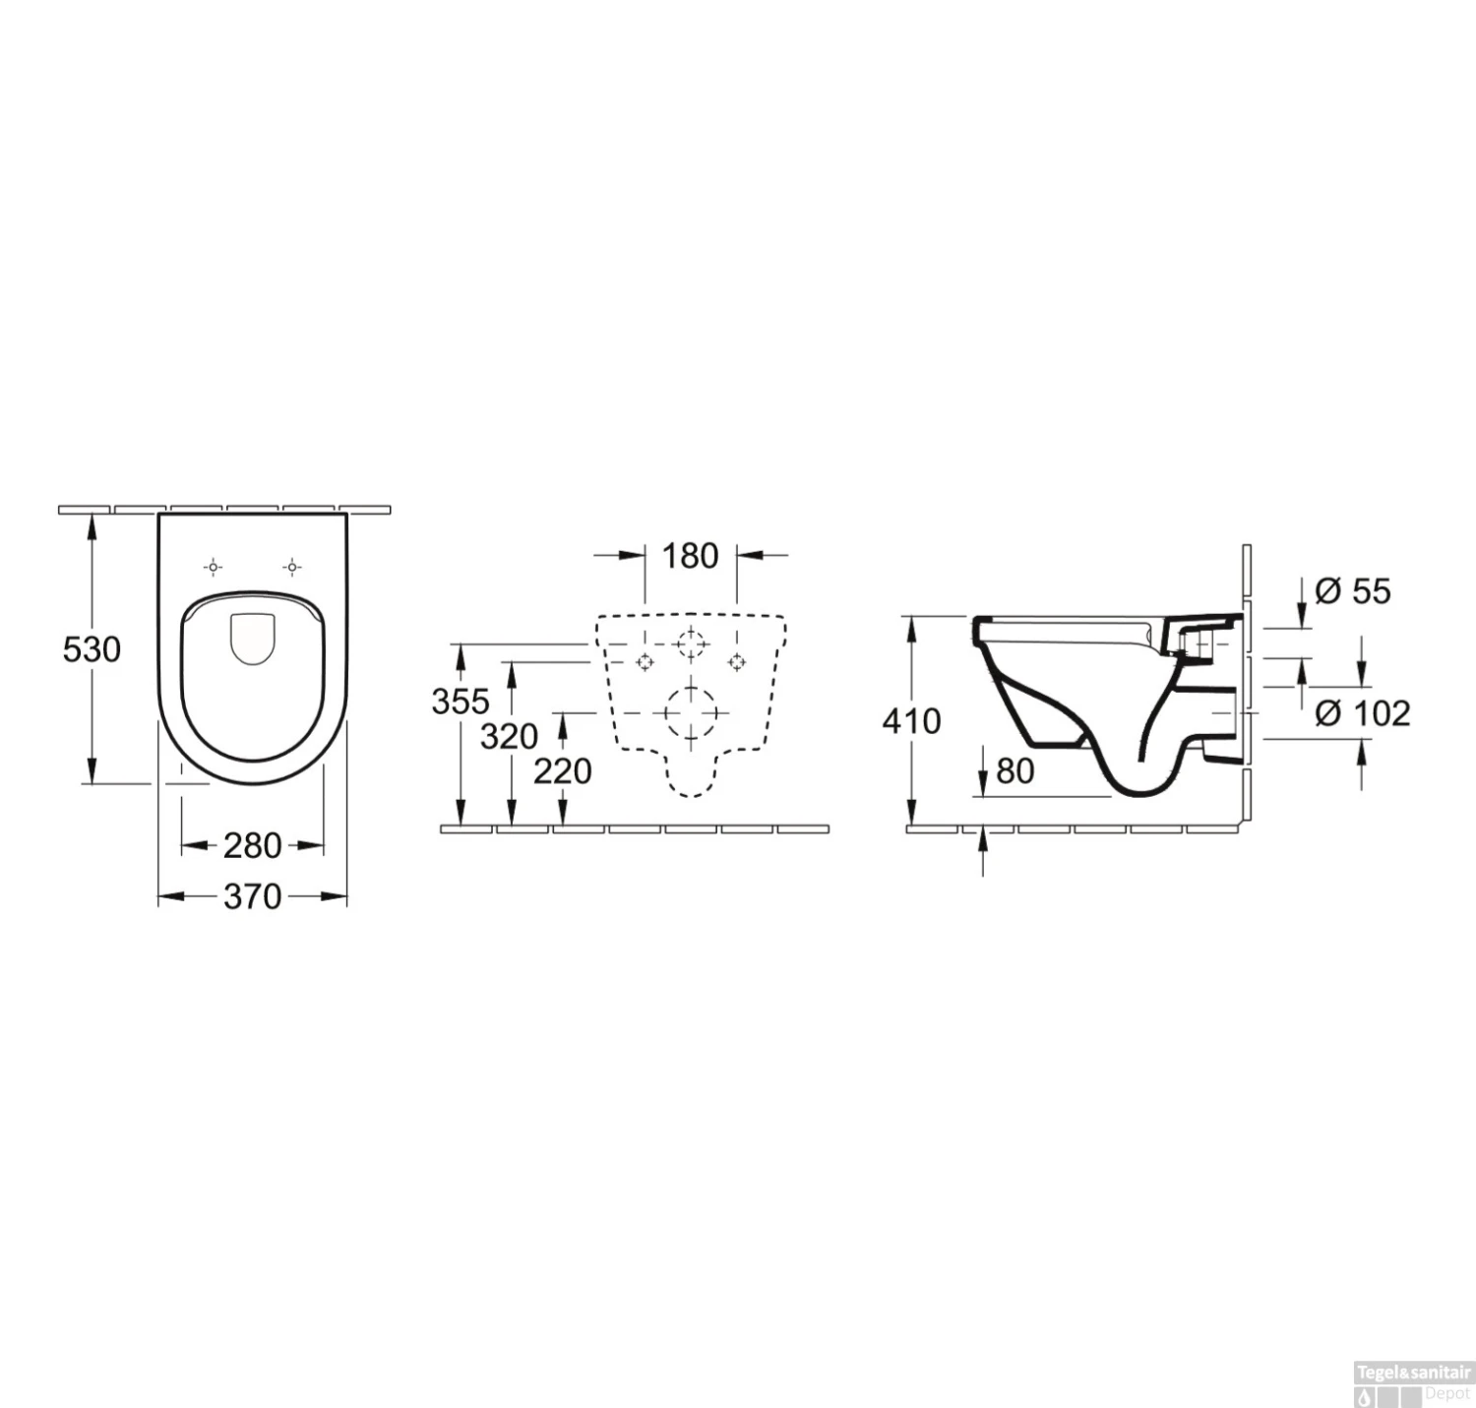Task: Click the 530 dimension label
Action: click(92, 649)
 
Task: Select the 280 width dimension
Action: click(252, 845)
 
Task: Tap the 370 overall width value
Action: click(252, 896)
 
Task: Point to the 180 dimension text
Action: click(690, 556)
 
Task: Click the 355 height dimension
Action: click(460, 702)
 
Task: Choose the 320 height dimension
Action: click(509, 736)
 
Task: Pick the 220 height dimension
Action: click(563, 771)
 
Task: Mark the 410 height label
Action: click(911, 721)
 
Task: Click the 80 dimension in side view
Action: click(1015, 771)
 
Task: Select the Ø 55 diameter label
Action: click(1353, 591)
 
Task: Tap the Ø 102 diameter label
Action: click(1363, 713)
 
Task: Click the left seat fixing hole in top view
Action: click(214, 567)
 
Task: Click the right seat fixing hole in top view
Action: click(292, 567)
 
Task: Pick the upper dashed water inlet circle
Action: click(691, 643)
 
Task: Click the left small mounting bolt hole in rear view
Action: click(645, 662)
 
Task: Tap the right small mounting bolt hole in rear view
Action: click(736, 662)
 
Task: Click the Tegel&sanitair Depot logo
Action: click(1412, 1383)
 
